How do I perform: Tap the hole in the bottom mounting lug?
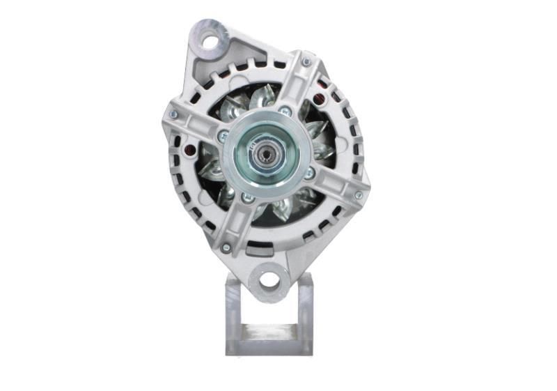(x=270, y=281)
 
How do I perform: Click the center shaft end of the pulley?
(x=265, y=149)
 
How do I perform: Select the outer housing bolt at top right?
(x=306, y=63)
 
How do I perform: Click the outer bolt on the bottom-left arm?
(x=226, y=247)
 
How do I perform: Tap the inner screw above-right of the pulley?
(x=285, y=110)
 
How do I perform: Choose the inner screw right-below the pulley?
(x=309, y=173)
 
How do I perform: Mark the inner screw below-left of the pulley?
(x=245, y=198)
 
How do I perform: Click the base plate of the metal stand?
(x=268, y=347)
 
